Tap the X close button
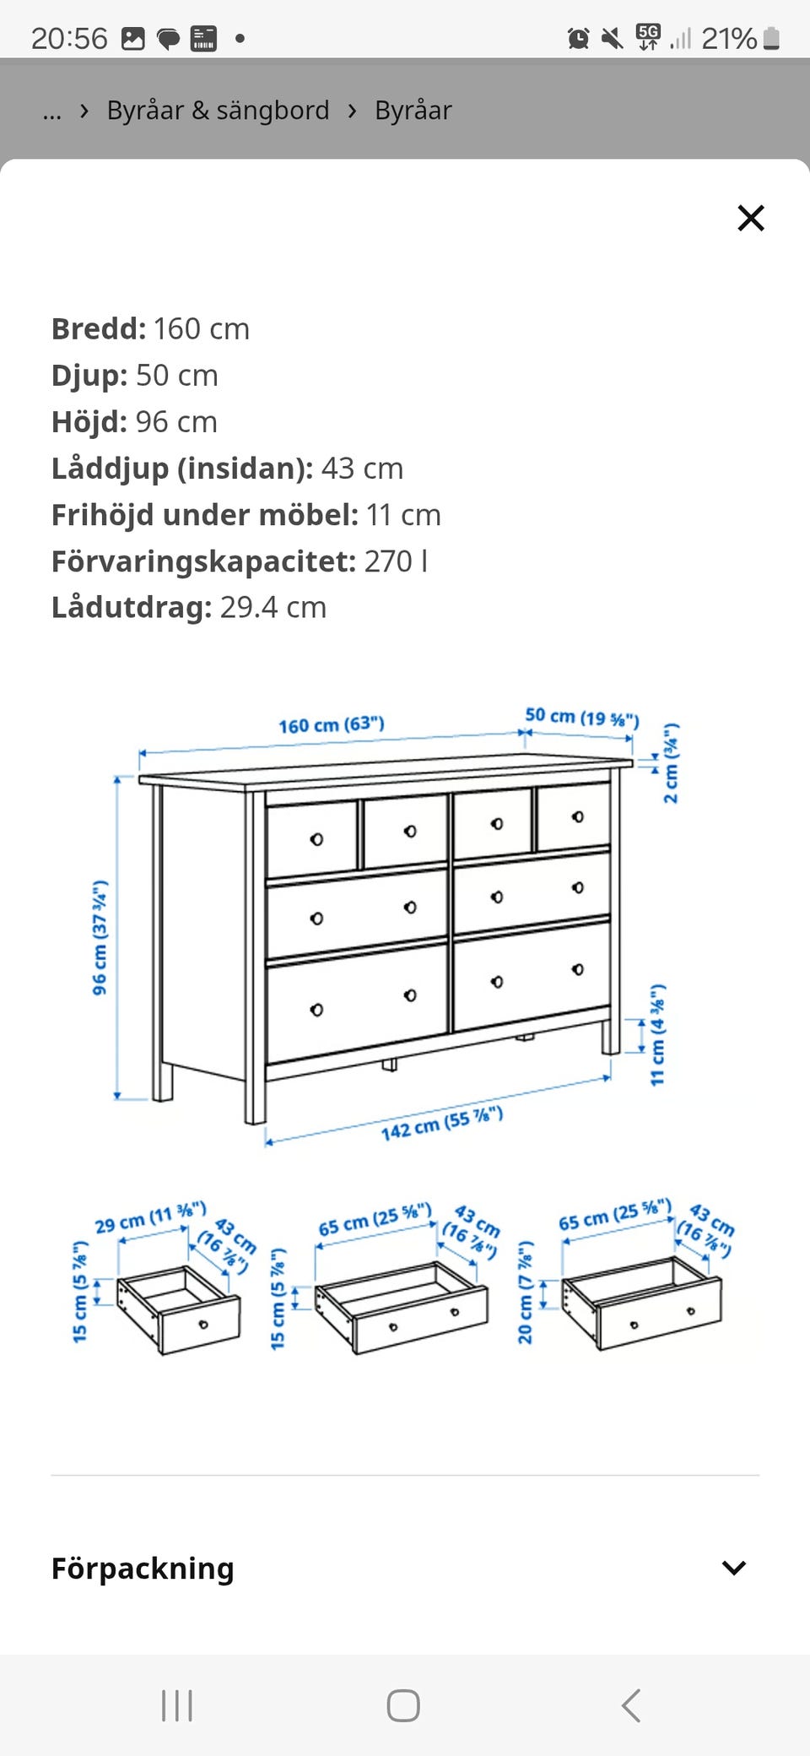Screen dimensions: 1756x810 pyautogui.click(x=750, y=218)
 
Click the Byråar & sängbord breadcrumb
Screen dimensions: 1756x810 pyautogui.click(x=218, y=111)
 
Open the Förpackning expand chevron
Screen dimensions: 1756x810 pyautogui.click(x=733, y=1568)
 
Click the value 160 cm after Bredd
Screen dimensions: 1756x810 pyautogui.click(x=201, y=328)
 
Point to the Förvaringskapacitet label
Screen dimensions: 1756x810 pyautogui.click(x=203, y=561)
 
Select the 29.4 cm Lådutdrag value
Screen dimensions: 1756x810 pyautogui.click(x=273, y=608)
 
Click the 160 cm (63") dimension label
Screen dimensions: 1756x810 pyautogui.click(x=331, y=725)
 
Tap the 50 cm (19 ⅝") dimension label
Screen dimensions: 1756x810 pyautogui.click(x=581, y=718)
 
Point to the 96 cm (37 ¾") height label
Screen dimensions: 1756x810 pyautogui.click(x=100, y=937)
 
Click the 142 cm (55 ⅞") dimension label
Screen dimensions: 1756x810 pyautogui.click(x=441, y=1124)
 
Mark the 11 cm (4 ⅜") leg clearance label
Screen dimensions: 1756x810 pyautogui.click(x=657, y=1034)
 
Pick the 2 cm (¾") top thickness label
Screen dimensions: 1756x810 pyautogui.click(x=670, y=763)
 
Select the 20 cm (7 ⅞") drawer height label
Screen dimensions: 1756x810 pyautogui.click(x=525, y=1292)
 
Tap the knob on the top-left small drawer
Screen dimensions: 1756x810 pyautogui.click(x=316, y=839)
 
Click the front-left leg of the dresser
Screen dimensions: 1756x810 pyautogui.click(x=255, y=1097)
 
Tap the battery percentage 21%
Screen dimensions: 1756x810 pyautogui.click(x=728, y=39)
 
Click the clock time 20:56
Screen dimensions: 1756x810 pyautogui.click(x=69, y=39)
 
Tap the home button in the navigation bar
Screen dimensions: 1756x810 pyautogui.click(x=403, y=1705)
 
